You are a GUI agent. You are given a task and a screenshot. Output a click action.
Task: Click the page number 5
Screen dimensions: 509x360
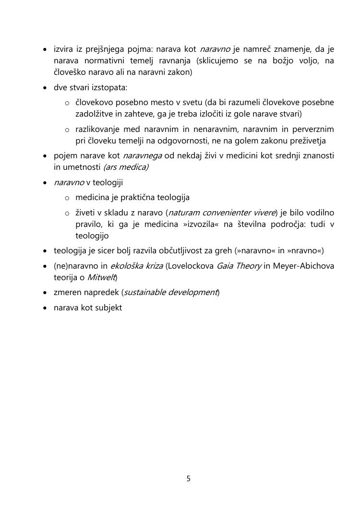coord(188,478)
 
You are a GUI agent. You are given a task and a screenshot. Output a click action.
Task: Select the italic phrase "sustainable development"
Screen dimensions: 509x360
coord(170,292)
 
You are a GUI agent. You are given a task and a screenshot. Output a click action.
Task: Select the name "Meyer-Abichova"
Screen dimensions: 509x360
coord(303,266)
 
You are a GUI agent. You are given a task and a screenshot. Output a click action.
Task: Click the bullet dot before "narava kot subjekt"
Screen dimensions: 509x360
coord(45,308)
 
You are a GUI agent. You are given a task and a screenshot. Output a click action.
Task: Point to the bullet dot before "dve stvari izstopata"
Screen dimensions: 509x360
coord(45,88)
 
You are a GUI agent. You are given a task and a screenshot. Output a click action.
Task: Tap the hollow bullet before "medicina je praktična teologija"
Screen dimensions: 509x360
coord(67,198)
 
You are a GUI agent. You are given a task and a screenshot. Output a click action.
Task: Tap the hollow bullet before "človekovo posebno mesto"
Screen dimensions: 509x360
coord(67,103)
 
